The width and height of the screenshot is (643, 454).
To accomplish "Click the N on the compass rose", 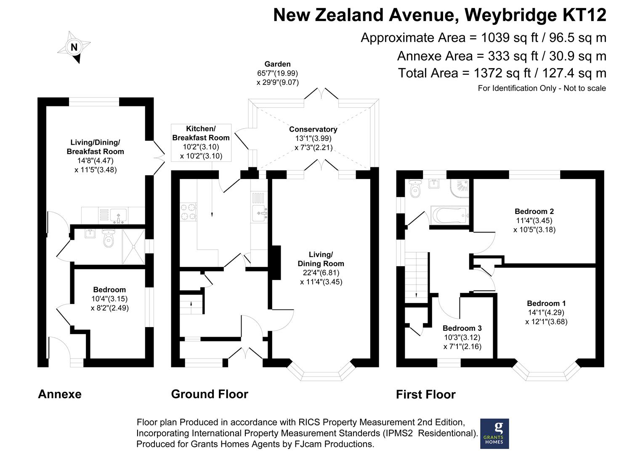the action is click(74, 47).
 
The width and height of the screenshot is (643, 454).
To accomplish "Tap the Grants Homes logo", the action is click(494, 433).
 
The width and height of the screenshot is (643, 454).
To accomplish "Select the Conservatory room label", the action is click(313, 129).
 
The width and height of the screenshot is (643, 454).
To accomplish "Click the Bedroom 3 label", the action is click(462, 328).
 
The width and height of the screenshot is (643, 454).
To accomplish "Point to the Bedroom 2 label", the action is click(534, 211).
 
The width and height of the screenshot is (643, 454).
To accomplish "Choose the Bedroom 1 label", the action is click(546, 303).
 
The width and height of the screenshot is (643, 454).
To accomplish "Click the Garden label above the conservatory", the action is click(278, 64).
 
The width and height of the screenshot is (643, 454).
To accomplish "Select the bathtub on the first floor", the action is click(449, 215).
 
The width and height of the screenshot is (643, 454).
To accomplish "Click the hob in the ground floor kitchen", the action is click(188, 212).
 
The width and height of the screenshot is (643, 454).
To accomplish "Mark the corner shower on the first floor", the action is click(460, 188).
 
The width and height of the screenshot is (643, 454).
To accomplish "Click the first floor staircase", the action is click(417, 277).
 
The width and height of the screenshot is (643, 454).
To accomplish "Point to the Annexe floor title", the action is click(60, 394).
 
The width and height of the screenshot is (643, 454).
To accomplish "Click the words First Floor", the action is click(426, 394).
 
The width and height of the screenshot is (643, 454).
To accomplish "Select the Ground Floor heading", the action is click(210, 394).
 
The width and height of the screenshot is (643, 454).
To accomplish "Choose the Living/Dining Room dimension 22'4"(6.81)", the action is click(321, 272).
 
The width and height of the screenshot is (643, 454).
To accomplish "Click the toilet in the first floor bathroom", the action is click(415, 189).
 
